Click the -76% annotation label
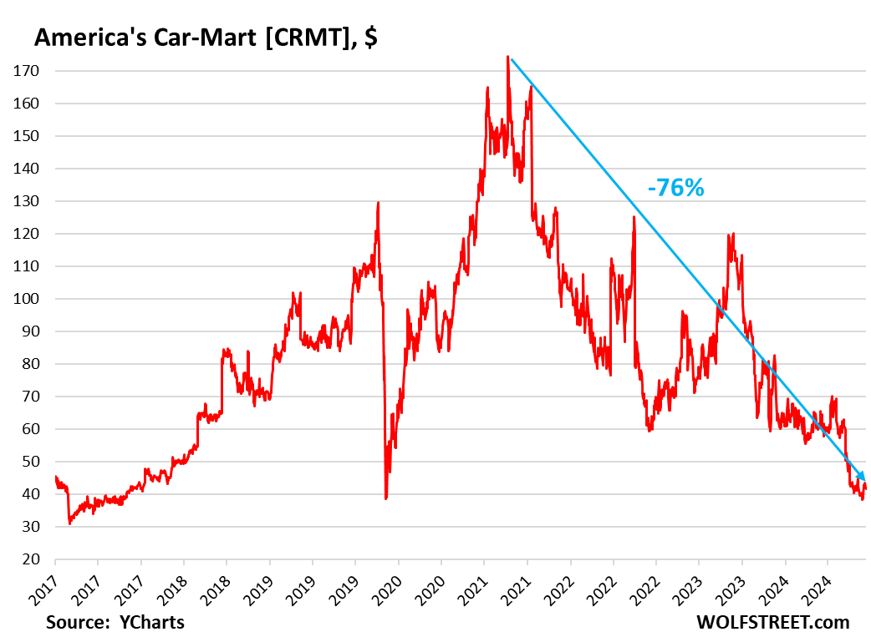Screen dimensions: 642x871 pyautogui.click(x=676, y=188)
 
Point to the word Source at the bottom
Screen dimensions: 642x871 pyautogui.click(x=78, y=622)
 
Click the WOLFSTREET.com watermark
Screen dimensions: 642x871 pyautogui.click(x=772, y=622)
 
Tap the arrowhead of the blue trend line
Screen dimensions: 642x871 pyautogui.click(x=861, y=476)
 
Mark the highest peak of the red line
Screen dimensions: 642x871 pyautogui.click(x=507, y=58)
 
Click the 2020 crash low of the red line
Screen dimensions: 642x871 pyautogui.click(x=385, y=498)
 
